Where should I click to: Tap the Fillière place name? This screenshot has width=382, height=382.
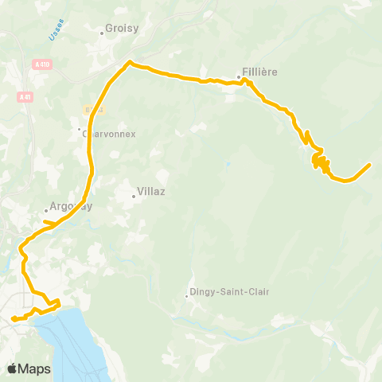(261, 72)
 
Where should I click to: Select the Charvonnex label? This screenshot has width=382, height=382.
(111, 134)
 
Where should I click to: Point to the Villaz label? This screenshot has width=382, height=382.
(150, 192)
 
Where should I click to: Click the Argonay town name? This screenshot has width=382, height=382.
(72, 205)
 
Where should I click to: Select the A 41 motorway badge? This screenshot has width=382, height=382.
(25, 96)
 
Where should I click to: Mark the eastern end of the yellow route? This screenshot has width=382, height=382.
(370, 165)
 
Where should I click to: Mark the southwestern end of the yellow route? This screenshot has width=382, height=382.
(13, 320)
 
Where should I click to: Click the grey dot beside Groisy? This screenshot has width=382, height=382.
(102, 33)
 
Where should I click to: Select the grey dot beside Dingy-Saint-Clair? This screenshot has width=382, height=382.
(187, 296)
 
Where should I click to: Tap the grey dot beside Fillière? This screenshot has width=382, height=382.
(239, 77)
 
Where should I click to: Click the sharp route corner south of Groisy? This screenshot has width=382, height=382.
(129, 63)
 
